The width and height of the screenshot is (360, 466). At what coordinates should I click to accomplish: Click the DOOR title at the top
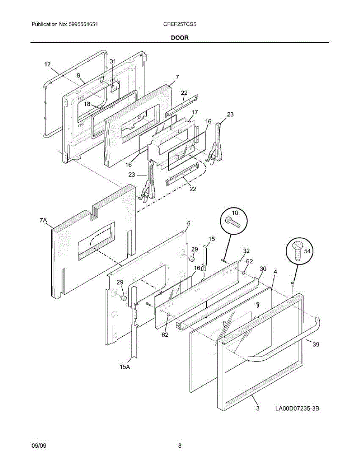pyautogui.click(x=180, y=38)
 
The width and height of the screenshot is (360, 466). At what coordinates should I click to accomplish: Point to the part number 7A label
pyautogui.click(x=43, y=221)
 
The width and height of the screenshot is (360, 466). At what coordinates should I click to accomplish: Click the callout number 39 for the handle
pyautogui.click(x=316, y=344)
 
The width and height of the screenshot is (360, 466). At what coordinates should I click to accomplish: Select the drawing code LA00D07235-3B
pyautogui.click(x=297, y=409)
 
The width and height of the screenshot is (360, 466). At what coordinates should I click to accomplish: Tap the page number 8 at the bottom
pyautogui.click(x=180, y=445)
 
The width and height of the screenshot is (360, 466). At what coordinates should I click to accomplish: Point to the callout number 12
pyautogui.click(x=47, y=64)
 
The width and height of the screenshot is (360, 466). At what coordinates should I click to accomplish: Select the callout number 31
pyautogui.click(x=113, y=61)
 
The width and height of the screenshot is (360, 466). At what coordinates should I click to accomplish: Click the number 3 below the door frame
pyautogui.click(x=257, y=409)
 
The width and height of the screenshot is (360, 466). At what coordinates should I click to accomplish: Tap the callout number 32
pyautogui.click(x=246, y=251)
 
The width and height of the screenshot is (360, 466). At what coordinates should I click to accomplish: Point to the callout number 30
pyautogui.click(x=263, y=269)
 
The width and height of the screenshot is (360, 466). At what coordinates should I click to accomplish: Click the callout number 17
pyautogui.click(x=195, y=112)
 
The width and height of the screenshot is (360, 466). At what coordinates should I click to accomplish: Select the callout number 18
pyautogui.click(x=87, y=104)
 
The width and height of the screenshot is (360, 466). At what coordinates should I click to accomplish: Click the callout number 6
pyautogui.click(x=189, y=223)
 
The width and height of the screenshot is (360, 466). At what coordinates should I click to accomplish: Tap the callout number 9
pyautogui.click(x=78, y=75)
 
